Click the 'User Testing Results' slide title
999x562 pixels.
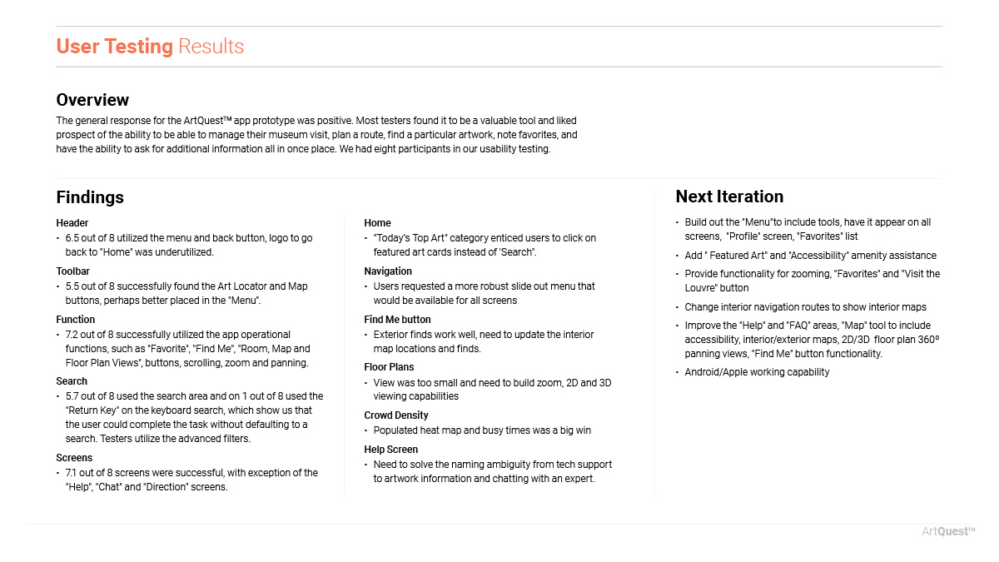coord(150,47)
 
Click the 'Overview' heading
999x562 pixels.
coord(92,100)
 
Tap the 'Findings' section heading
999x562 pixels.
coord(90,197)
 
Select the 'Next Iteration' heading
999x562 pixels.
coord(729,196)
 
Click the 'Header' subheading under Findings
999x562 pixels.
coord(72,223)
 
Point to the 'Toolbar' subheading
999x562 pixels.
coord(73,271)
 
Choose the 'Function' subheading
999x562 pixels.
coord(76,320)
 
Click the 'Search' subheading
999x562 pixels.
coord(72,381)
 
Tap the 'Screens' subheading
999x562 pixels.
coord(74,458)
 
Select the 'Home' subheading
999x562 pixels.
coord(377,223)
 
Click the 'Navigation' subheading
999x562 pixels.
coord(388,271)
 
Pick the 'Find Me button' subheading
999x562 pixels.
coord(397,320)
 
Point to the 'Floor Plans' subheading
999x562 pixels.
coord(389,367)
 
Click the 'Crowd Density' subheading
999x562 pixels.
coord(396,415)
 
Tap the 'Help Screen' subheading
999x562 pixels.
coord(391,450)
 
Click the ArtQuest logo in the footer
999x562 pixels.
coord(948,532)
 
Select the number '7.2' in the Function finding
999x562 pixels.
coord(72,335)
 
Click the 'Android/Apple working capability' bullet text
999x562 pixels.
coord(757,372)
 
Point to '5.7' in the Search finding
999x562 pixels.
coord(72,396)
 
